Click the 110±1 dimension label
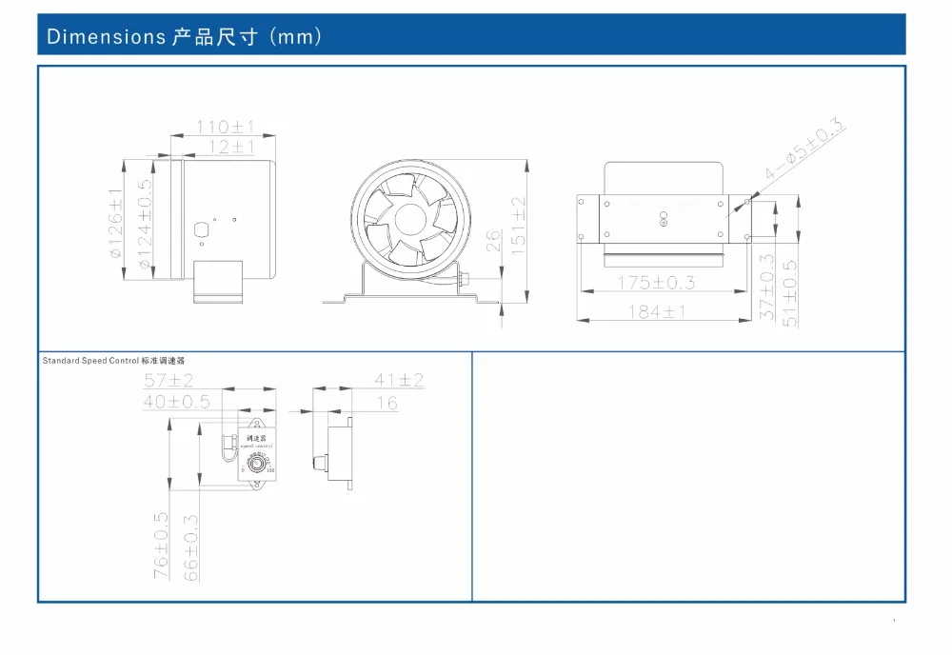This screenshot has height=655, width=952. (x=225, y=127)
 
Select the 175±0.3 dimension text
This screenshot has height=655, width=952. (x=656, y=283)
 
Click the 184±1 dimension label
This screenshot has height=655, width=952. (x=657, y=311)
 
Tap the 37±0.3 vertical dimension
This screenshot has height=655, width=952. (x=767, y=287)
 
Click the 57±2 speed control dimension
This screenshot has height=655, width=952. (x=169, y=381)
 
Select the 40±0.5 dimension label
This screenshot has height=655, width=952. (x=177, y=402)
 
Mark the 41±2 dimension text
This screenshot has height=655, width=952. (x=399, y=381)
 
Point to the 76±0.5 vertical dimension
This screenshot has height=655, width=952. (x=162, y=546)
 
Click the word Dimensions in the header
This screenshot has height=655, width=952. (x=107, y=37)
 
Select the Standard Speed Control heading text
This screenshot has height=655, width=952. (x=90, y=362)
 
